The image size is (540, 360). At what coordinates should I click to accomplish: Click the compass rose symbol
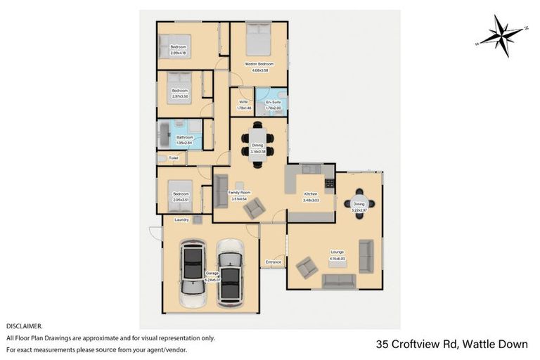(x=501, y=36)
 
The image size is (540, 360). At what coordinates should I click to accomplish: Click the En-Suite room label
(x=274, y=103)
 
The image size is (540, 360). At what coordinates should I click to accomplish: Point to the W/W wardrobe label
(x=243, y=103)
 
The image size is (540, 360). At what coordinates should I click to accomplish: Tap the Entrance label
(x=274, y=262)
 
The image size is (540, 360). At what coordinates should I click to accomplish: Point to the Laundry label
(x=173, y=219)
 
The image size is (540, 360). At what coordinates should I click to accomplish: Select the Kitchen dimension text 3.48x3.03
(x=310, y=200)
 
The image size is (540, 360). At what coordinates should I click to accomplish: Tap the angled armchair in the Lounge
(x=307, y=268)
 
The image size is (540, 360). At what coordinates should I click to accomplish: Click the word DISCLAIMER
(x=24, y=326)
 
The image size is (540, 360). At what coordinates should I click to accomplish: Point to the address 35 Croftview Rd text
(x=416, y=344)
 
